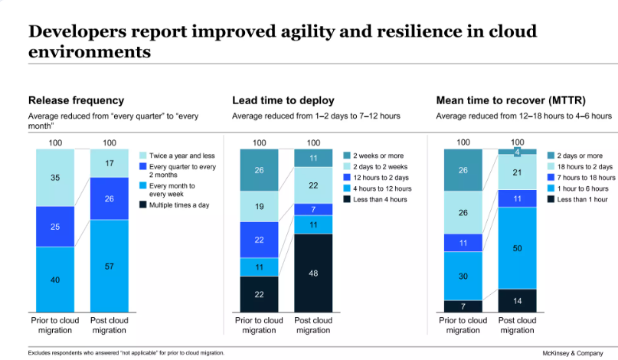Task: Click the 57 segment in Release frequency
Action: point(109,265)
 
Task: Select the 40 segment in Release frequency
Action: point(55,280)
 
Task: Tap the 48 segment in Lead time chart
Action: point(313,273)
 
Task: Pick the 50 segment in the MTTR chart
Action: point(517,248)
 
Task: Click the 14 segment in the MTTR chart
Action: point(517,301)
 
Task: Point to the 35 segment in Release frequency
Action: point(55,177)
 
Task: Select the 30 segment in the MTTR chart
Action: point(463,276)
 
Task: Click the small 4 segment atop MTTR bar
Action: point(517,152)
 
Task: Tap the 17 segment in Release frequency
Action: point(109,163)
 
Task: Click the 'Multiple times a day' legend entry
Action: point(175,205)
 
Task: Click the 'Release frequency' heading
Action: point(76,100)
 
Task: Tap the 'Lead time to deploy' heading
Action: point(283,100)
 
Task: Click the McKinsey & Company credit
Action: point(569,353)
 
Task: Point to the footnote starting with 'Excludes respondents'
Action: point(126,353)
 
